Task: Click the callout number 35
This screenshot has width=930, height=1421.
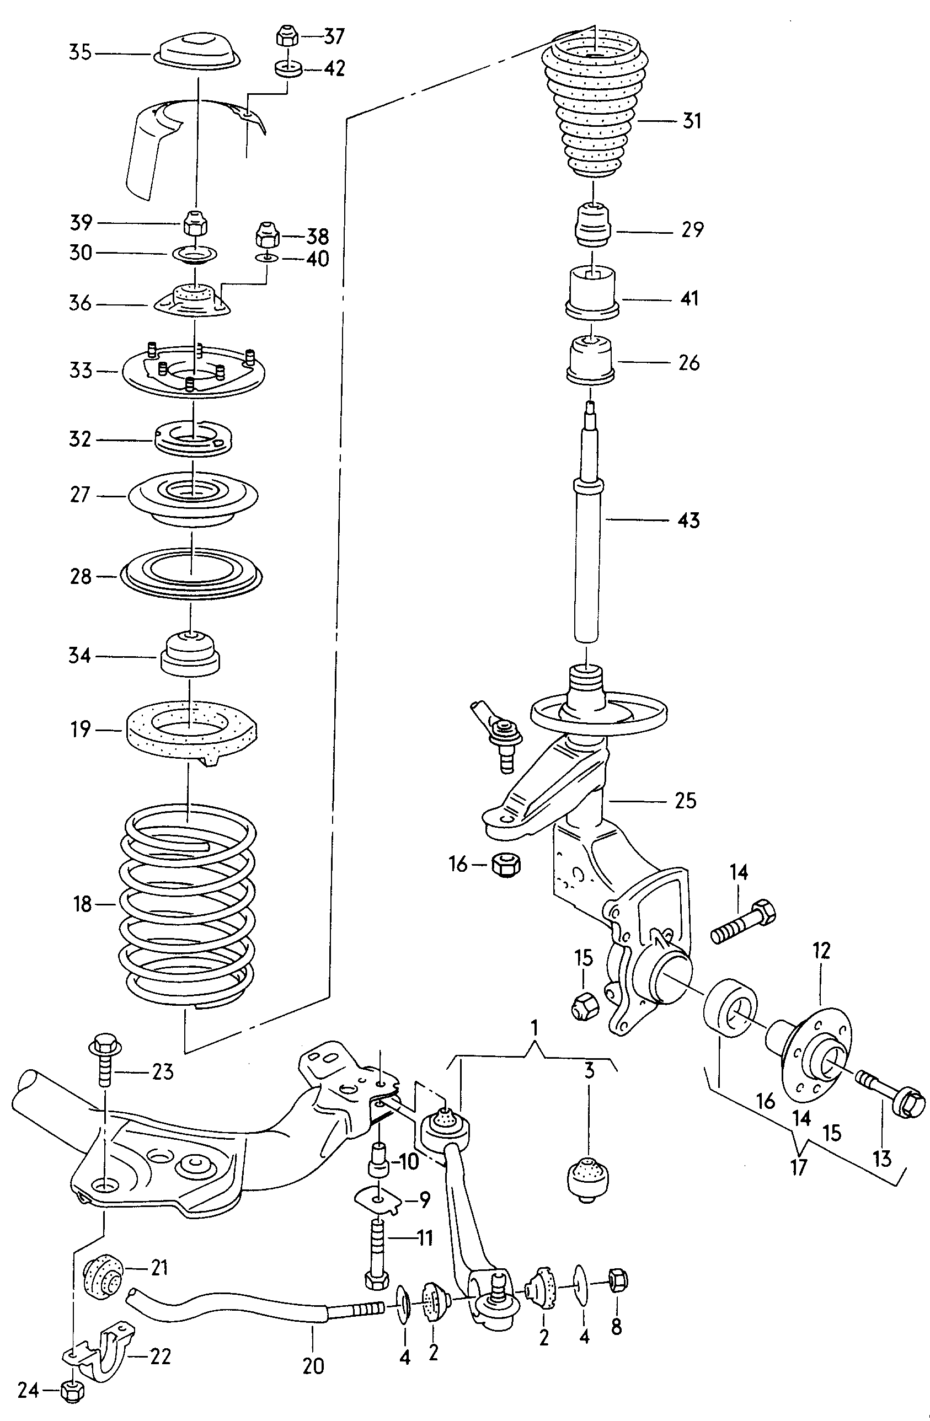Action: coord(80,52)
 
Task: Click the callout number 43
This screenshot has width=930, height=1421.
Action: coord(689,521)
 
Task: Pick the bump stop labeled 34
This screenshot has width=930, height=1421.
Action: coord(189,655)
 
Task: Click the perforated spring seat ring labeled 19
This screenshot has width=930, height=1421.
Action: coord(192,732)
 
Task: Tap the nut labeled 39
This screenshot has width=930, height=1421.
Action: coord(195,223)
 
